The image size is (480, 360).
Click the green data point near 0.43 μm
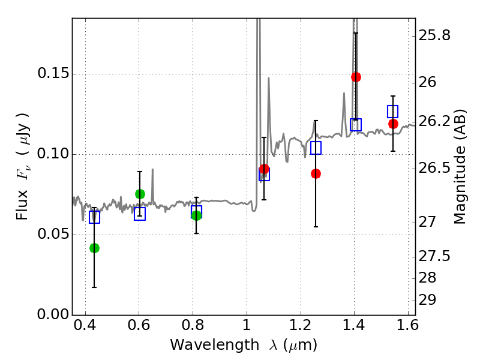[95, 248]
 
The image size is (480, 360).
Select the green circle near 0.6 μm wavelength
[140, 194]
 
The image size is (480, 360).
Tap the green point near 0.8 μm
[197, 215]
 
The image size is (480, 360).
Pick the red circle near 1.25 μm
[316, 174]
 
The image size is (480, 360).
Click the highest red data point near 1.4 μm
[356, 77]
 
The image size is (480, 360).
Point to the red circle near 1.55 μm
[393, 124]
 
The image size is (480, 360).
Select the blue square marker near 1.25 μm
[316, 148]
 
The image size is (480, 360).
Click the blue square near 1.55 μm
[393, 112]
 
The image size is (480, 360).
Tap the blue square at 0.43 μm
[95, 217]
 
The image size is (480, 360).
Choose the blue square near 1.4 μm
[356, 125]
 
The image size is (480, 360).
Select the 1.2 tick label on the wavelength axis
[301, 325]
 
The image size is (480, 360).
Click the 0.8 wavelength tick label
[193, 325]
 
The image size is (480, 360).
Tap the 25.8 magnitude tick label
[434, 35]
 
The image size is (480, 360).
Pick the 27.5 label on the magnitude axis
[434, 256]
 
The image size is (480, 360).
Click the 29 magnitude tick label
[427, 300]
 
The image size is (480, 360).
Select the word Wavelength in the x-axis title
[215, 345]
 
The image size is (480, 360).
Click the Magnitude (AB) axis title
[459, 167]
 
